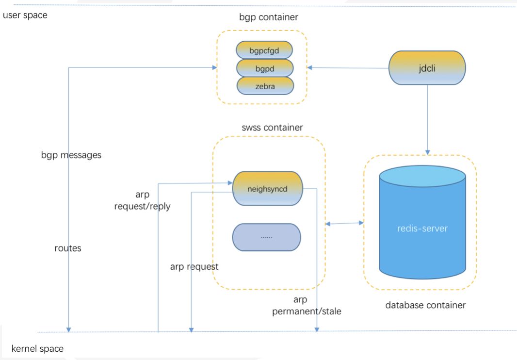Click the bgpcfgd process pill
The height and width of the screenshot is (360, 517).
(x=265, y=50)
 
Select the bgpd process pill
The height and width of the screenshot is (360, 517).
(x=265, y=68)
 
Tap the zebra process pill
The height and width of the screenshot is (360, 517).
(x=265, y=86)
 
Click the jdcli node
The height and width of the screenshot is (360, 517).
(x=427, y=68)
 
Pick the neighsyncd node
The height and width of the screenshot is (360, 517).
(x=268, y=188)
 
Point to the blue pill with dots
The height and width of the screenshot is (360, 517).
(x=267, y=237)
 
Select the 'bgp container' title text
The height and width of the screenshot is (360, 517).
(x=268, y=17)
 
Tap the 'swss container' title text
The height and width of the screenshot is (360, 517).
(x=272, y=128)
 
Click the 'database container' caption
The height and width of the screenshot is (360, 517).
(x=425, y=305)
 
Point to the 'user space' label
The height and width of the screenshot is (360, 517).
(x=25, y=15)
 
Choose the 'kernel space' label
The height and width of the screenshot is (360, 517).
(x=37, y=348)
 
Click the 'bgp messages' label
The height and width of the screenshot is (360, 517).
(x=71, y=155)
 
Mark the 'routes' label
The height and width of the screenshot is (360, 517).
(x=68, y=248)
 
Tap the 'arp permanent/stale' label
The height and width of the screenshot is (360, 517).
(x=307, y=306)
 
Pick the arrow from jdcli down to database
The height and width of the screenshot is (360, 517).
(x=427, y=119)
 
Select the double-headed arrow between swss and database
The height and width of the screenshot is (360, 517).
(x=345, y=223)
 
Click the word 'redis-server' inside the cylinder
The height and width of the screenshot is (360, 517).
(x=422, y=228)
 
